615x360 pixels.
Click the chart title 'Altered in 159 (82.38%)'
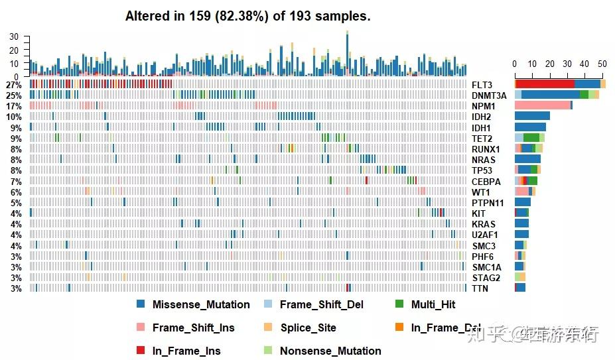[247, 17]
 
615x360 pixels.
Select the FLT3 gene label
[482, 85]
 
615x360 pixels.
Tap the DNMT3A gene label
[489, 95]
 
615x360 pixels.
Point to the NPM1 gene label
[484, 106]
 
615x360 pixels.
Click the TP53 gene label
[482, 170]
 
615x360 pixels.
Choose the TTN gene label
[480, 288]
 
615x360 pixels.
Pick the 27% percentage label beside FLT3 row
[13, 85]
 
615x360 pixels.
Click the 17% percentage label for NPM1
[13, 106]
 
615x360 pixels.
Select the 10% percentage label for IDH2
[13, 117]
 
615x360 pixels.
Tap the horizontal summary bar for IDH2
[532, 117]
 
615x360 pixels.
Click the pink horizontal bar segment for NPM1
[542, 105]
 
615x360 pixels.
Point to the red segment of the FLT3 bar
[545, 84]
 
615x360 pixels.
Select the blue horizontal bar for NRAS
[527, 159]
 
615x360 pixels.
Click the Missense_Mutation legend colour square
[140, 304]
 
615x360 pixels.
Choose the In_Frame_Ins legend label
[186, 351]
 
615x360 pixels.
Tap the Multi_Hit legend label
[433, 304]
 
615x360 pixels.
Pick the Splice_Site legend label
[308, 328]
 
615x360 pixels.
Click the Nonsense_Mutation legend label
[330, 351]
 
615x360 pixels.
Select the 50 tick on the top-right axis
[602, 64]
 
